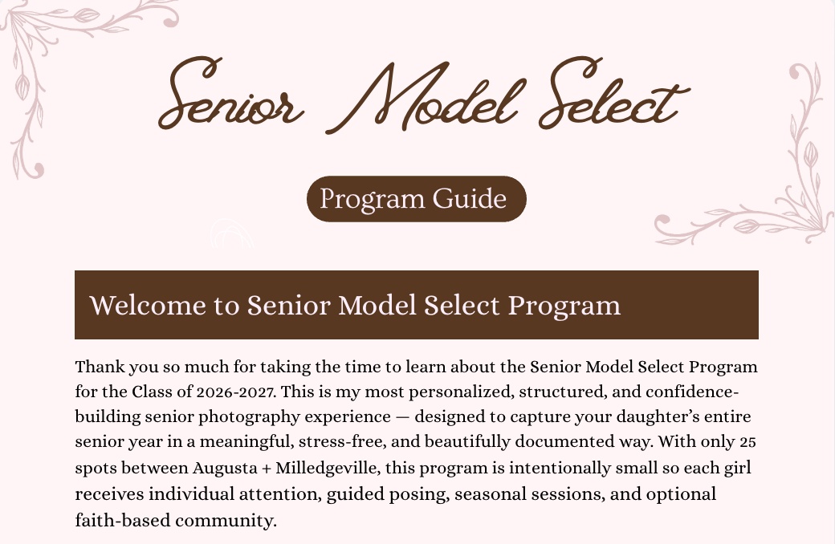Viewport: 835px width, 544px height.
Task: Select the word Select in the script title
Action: coord(614,92)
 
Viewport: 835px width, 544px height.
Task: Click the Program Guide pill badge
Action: coord(417,198)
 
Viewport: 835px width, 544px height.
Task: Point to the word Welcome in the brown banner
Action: coord(148,305)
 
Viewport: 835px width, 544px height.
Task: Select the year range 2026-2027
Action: coord(235,392)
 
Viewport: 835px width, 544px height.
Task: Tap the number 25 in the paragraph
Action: coord(747,442)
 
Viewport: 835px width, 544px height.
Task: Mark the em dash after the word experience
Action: coord(402,417)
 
